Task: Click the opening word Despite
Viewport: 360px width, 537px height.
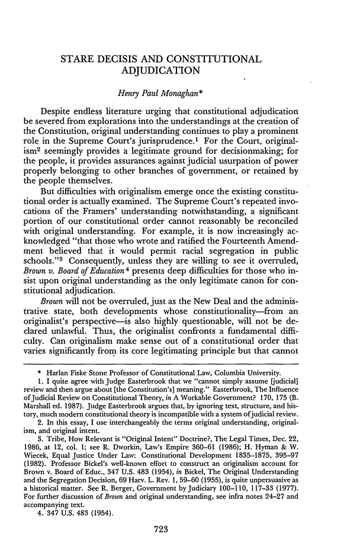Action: [x=59, y=111]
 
